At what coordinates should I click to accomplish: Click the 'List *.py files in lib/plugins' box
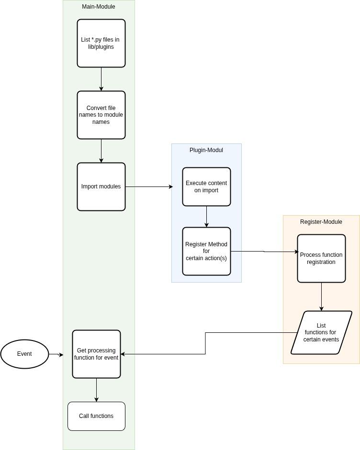101,43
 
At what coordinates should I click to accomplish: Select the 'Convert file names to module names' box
101,115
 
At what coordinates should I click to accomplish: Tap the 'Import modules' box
101,187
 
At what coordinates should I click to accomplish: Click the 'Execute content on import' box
206,187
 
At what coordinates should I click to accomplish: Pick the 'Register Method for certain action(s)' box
206,251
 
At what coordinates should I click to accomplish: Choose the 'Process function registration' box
321,258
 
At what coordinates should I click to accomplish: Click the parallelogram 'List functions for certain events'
321,332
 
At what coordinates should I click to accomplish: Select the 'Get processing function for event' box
96,354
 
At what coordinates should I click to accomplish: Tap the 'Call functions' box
96,416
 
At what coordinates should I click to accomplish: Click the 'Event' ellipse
24,354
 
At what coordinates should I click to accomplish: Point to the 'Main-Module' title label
99,7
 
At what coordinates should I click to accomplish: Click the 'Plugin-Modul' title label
206,150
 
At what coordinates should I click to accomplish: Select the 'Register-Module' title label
321,222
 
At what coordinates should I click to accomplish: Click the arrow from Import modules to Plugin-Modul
148,187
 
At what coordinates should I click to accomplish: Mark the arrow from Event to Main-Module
56,354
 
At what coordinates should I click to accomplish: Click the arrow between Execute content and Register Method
206,217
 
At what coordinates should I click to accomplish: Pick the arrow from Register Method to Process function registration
264,251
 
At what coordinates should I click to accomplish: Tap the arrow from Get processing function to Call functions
96,390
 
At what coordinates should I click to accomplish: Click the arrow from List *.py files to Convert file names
101,79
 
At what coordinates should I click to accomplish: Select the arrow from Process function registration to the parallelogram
321,296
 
